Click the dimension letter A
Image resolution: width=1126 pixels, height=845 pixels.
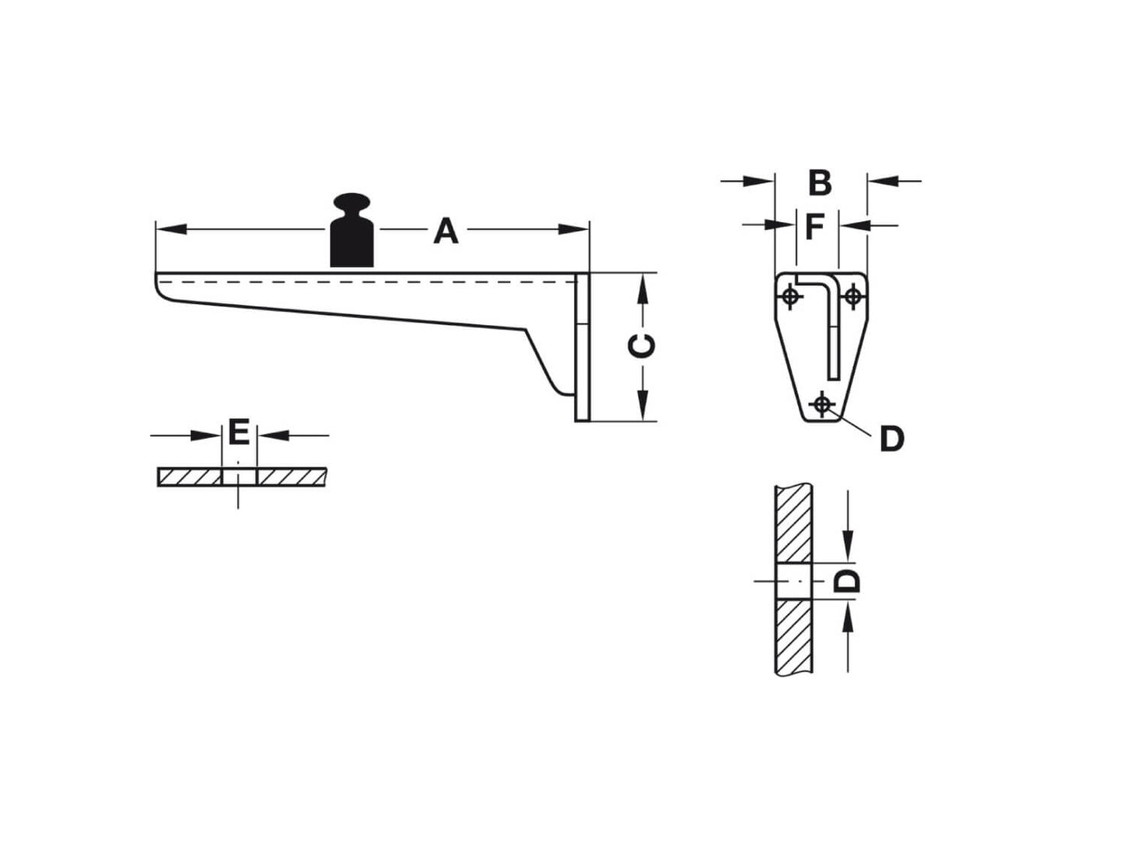coord(446,232)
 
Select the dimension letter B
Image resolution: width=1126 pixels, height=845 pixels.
coord(820,183)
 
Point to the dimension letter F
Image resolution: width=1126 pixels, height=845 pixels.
coord(814,228)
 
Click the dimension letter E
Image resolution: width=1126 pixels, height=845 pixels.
coord(238,432)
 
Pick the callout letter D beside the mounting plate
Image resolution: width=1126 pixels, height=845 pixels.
coord(891,440)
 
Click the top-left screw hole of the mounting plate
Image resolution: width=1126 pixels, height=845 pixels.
coord(791,296)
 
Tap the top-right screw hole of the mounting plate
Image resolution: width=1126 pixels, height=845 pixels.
coord(852,296)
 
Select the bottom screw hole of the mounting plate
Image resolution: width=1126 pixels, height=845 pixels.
coord(821,404)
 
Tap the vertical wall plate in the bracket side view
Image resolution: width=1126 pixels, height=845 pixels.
coord(583,347)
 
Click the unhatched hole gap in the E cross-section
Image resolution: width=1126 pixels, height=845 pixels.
coord(238,476)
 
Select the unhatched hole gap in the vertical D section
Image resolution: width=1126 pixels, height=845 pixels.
coord(794,581)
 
